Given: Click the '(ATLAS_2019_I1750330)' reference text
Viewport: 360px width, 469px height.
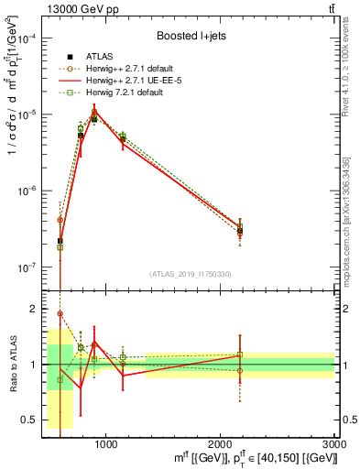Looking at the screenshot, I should [x=190, y=274].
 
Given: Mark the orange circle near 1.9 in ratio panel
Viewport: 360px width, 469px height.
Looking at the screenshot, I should [x=60, y=314].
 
